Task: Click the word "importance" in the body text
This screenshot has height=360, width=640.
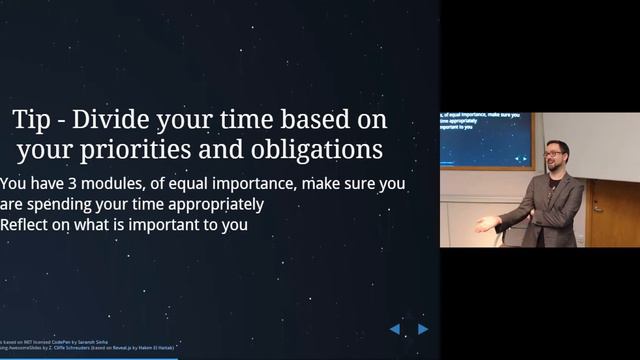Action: pos(238,184)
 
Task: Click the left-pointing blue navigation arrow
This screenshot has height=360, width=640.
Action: pos(395,329)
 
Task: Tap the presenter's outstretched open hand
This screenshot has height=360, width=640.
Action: pos(486,224)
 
